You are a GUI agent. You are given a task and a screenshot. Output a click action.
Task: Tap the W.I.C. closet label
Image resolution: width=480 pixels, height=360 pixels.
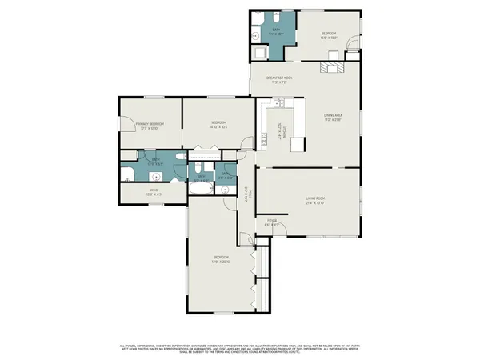154,190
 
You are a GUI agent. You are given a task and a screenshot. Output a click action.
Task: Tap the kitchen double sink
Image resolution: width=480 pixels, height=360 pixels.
279,103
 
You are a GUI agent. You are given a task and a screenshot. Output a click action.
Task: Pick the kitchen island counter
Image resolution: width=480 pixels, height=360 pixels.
298,144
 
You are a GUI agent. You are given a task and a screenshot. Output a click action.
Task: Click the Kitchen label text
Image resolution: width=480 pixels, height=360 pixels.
281,130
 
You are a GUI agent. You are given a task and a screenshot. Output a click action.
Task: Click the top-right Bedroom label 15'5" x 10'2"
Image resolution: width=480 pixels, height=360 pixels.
328,34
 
